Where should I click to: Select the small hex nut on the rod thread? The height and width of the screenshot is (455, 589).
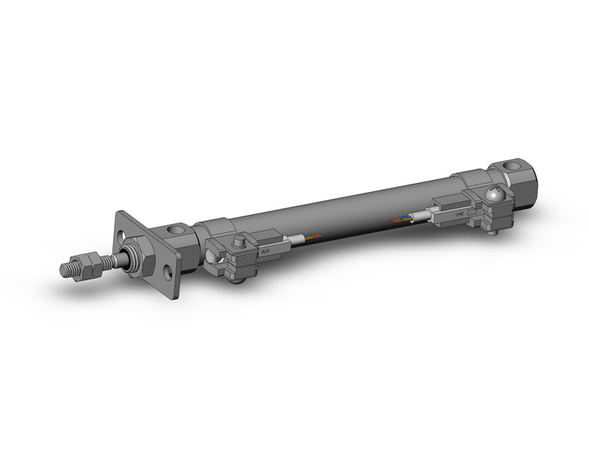pos(84,264)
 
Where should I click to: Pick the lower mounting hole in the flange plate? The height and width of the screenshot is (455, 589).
pos(169,273)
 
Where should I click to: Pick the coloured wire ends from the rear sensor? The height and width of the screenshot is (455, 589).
pos(403,220)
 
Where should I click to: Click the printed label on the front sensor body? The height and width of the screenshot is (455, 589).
pos(265,250)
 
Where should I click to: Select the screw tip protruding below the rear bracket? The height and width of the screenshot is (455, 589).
pos(494,231)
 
